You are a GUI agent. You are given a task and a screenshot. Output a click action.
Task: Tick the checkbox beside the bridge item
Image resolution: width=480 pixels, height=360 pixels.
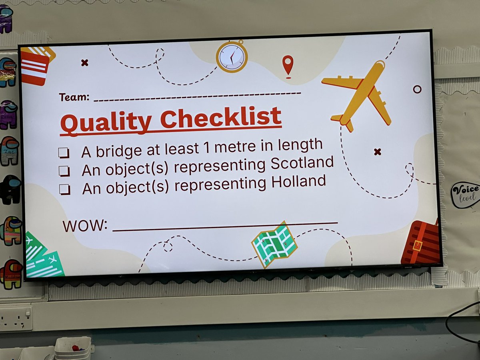click(x=64, y=153)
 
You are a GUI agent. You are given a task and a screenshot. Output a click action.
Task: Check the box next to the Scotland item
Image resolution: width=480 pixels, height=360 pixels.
click(x=64, y=171)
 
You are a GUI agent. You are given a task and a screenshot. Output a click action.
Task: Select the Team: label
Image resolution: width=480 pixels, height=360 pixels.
click(x=74, y=97)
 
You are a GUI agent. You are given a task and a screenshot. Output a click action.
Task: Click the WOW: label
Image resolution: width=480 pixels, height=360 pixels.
click(x=85, y=226)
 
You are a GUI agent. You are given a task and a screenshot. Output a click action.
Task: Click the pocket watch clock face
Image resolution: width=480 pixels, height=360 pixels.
click(x=232, y=57)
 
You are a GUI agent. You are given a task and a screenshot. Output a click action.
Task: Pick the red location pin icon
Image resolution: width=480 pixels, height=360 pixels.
click(x=287, y=65)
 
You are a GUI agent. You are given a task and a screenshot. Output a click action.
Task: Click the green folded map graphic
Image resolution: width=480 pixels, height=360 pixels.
click(x=274, y=244)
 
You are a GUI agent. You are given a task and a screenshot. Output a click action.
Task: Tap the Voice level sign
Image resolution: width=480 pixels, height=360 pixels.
click(x=465, y=195)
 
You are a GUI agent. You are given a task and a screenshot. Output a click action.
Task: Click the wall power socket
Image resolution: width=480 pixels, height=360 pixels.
click(x=16, y=318)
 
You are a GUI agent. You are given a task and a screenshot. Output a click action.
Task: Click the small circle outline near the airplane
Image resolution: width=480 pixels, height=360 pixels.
click(x=417, y=89)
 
